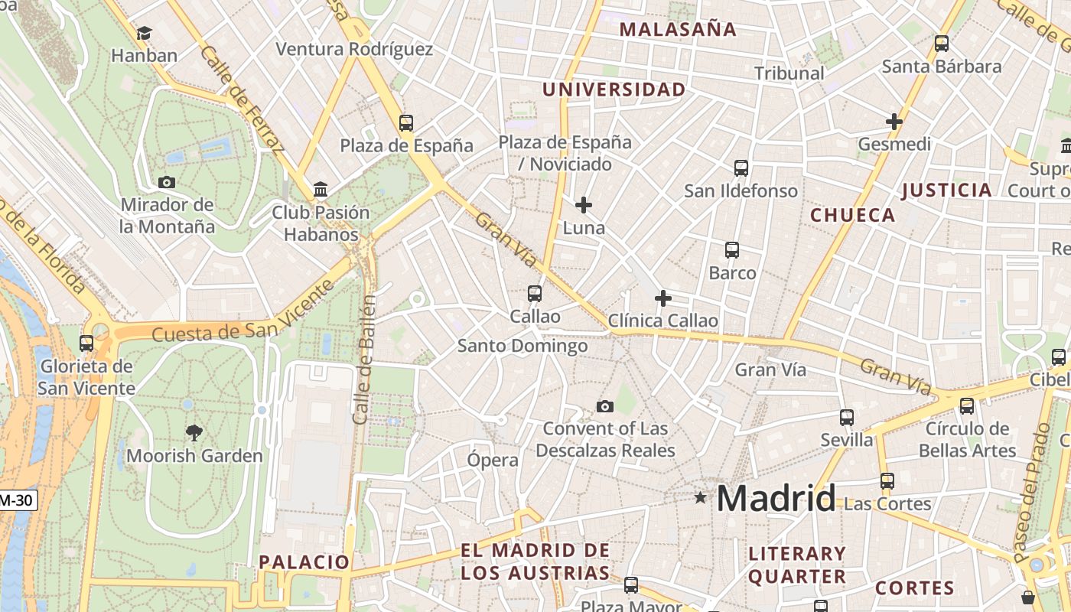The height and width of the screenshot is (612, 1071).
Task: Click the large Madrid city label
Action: pos(776,499)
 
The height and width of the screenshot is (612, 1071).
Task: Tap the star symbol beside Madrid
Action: pos(700,498)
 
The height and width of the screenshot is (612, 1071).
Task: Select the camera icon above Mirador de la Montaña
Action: pos(166,182)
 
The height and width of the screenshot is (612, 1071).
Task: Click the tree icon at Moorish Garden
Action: pos(194,433)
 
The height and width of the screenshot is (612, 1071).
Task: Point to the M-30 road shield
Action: pos(17,501)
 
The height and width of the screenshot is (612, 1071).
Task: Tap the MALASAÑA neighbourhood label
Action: pos(678,30)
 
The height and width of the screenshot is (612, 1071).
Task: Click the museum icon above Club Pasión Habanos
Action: pos(321,189)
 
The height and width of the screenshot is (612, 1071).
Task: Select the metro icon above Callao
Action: pos(535,293)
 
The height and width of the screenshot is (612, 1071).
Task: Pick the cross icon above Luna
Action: pos(584,205)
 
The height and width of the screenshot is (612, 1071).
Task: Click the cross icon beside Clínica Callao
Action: pos(663,298)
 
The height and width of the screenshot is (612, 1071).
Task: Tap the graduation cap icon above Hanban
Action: pos(144,33)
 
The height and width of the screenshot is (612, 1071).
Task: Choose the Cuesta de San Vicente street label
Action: pos(243,312)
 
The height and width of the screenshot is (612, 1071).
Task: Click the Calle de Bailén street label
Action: pos(365,360)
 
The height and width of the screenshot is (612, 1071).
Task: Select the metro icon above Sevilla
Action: pos(847,417)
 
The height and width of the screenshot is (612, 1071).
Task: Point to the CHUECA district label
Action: pos(852,216)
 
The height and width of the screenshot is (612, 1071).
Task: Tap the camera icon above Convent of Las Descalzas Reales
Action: pos(605,406)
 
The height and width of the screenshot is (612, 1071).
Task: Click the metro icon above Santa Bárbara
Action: pos(942,44)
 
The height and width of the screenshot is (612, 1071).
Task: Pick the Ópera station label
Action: pos(493,461)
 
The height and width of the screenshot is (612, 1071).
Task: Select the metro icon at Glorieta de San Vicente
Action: pos(86,343)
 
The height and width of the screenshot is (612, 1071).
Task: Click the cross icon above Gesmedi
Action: pos(894,122)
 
